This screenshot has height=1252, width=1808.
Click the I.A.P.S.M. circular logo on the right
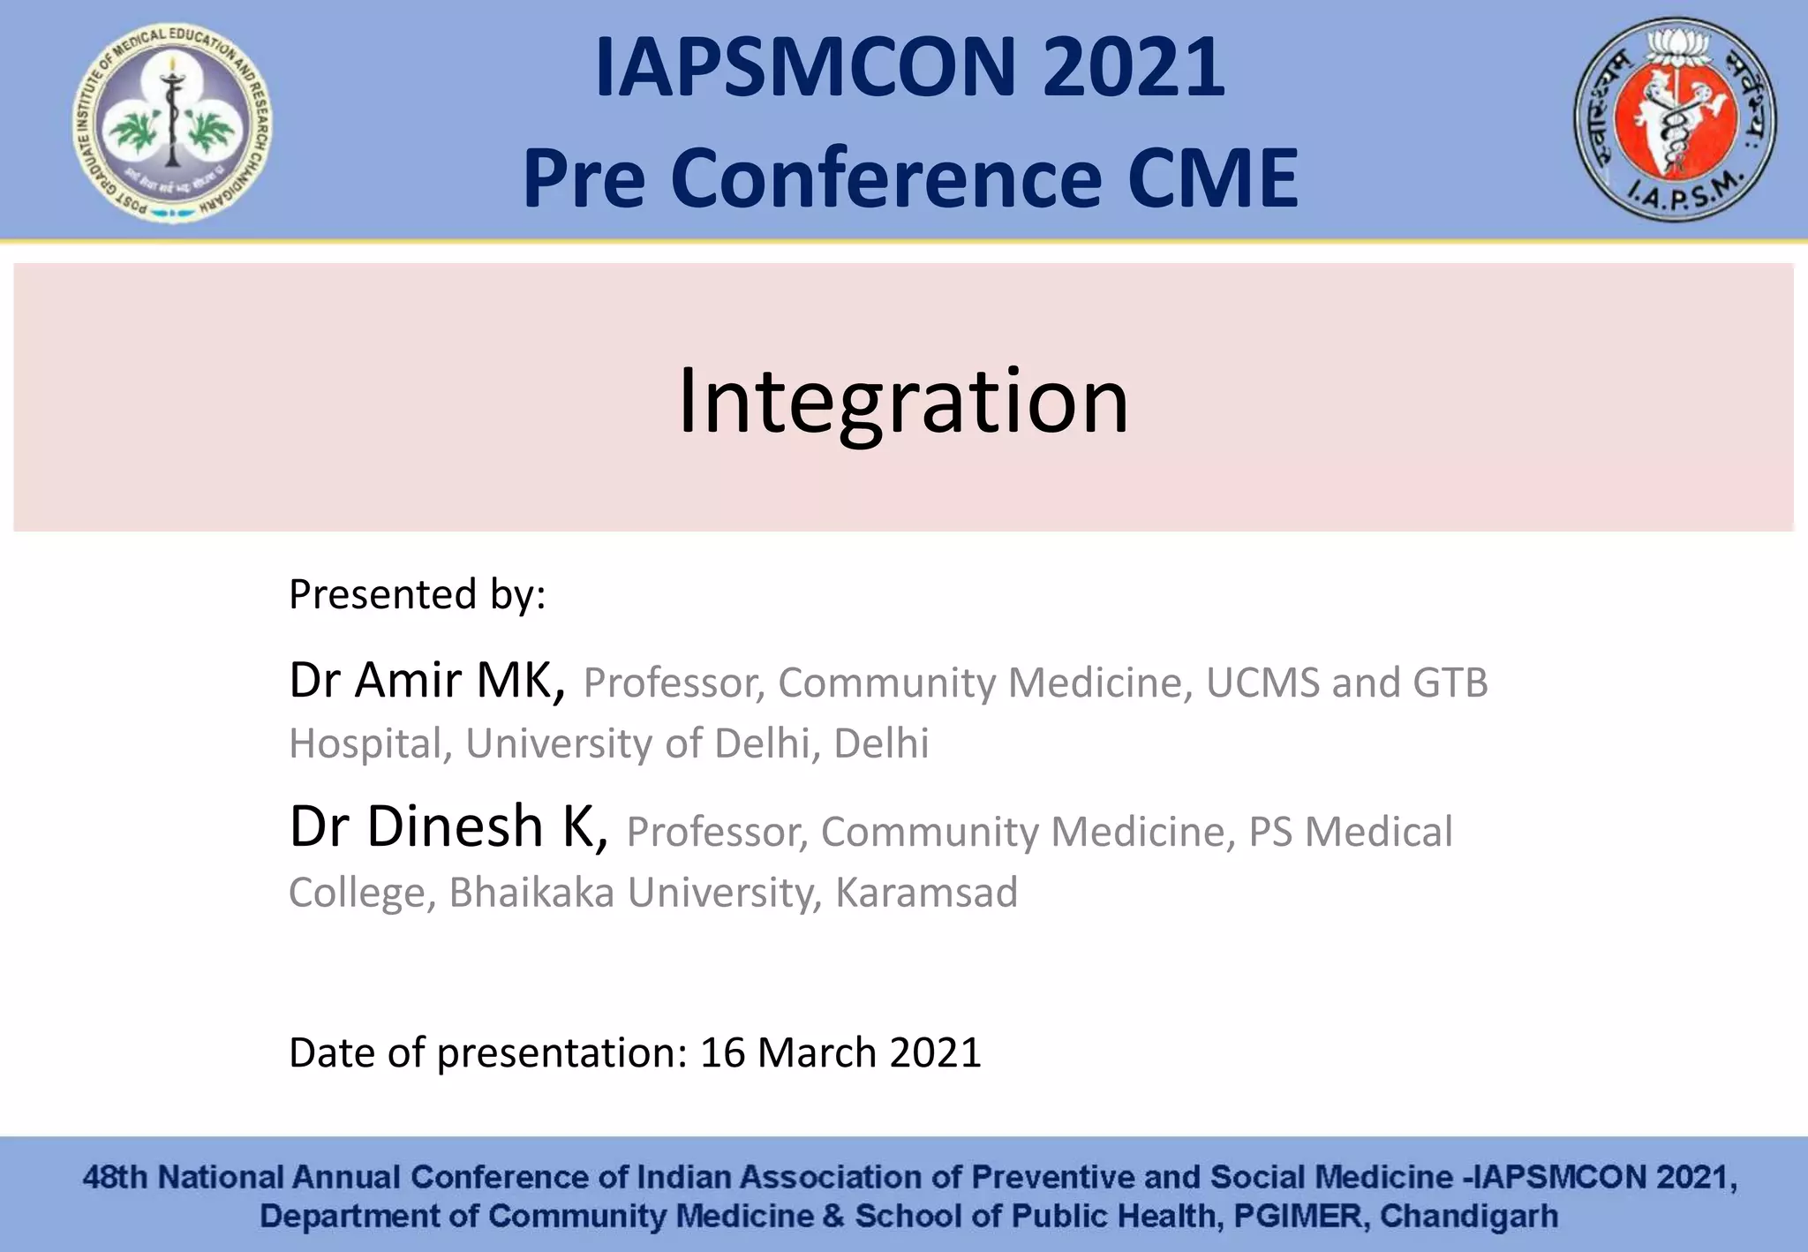coord(1676,120)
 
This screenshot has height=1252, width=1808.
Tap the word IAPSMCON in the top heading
coord(807,68)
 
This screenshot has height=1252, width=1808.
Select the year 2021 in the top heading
coord(1134,68)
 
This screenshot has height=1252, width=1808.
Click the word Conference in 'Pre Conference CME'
coord(885,178)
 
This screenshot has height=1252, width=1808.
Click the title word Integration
coord(902,401)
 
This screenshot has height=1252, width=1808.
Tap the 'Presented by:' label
coord(418,594)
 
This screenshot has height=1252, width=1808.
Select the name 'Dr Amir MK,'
coord(427,680)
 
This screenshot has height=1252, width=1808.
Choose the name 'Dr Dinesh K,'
coord(448,827)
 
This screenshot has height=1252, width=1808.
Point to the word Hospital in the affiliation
coord(365,743)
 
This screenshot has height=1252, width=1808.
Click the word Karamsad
coord(926,893)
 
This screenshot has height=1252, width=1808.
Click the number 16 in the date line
coord(722,1052)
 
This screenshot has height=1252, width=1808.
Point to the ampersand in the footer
coord(832,1217)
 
